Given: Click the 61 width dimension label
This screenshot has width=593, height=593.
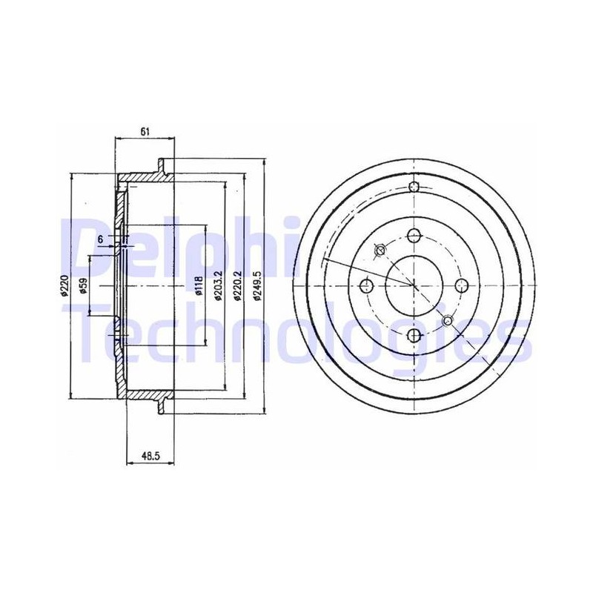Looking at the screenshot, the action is coord(145,132).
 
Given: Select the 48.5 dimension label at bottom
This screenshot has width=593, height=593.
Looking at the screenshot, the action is coord(151,456).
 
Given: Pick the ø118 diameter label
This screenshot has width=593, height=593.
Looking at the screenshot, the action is coord(199,285).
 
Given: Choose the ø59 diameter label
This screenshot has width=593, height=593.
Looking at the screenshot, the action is coord(83,286).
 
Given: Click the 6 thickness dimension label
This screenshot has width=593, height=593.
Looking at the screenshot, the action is coord(100,239).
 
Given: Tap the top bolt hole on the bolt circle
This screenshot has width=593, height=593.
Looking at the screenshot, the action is coord(414,236).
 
